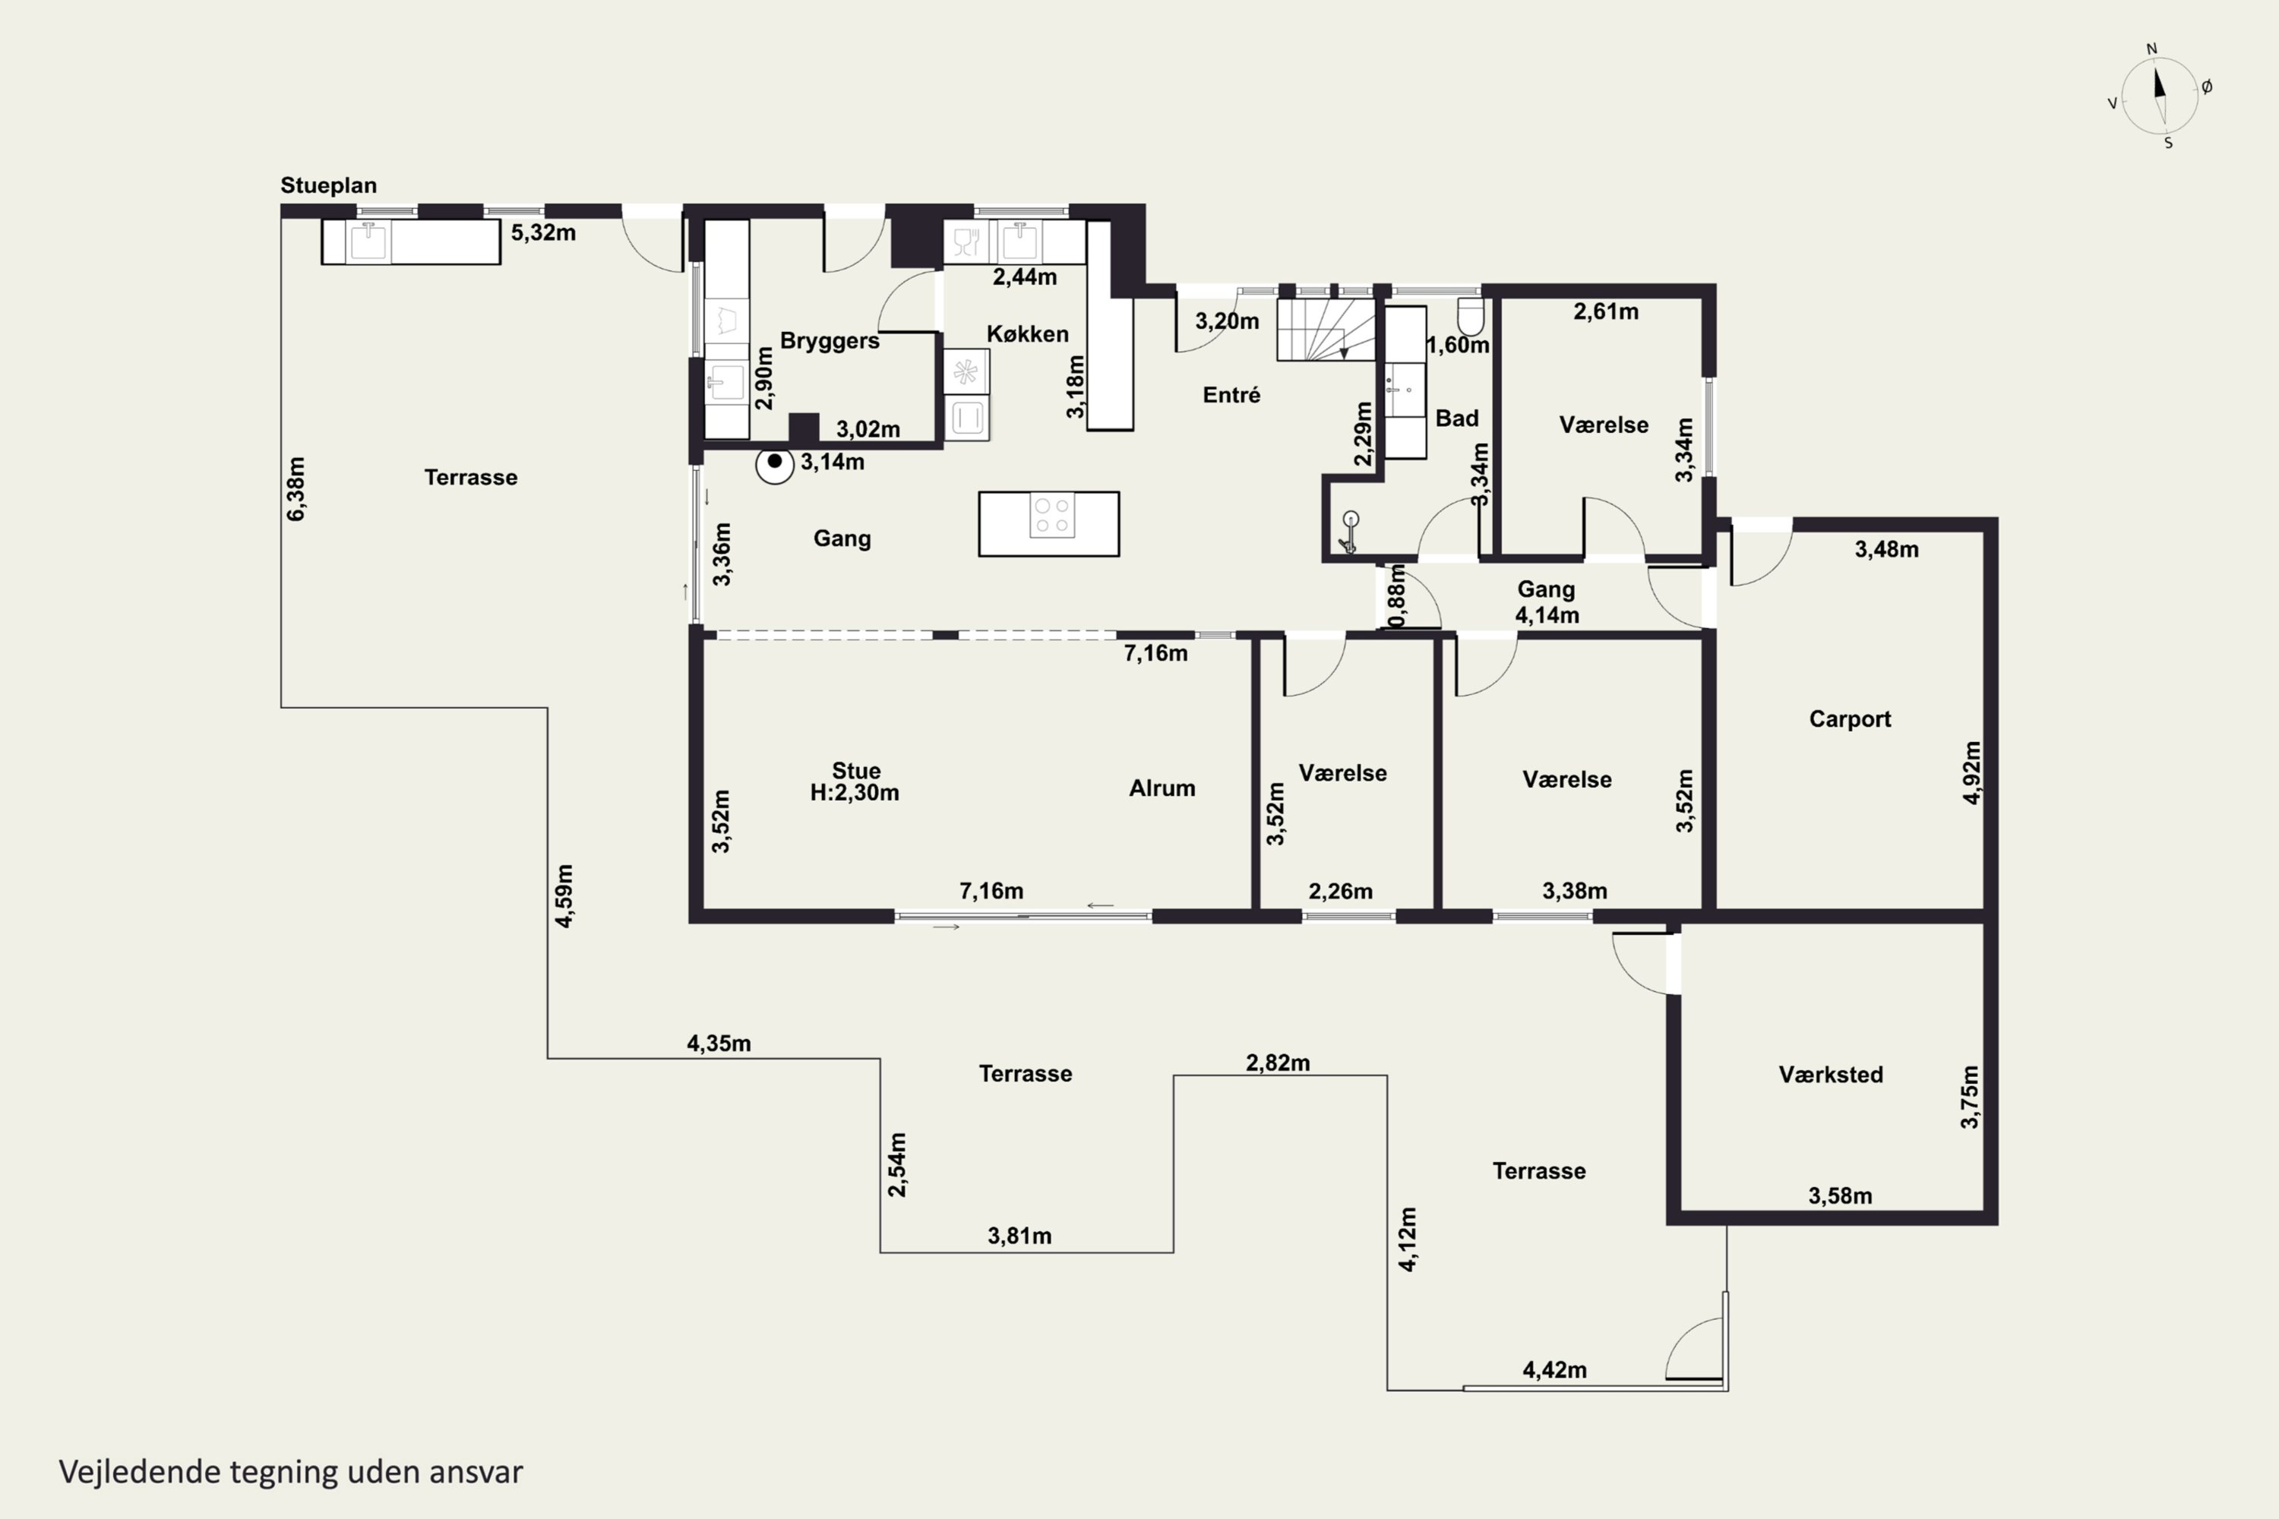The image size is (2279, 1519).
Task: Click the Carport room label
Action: [1850, 718]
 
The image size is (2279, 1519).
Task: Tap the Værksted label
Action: [1830, 1075]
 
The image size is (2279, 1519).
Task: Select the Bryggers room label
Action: [830, 341]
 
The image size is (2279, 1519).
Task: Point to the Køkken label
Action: [1027, 334]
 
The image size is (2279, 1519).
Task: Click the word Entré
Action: [1231, 395]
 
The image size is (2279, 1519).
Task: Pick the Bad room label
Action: [1456, 418]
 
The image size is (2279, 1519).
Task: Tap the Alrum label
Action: [1162, 788]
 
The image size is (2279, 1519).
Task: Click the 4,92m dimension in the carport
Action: [1972, 772]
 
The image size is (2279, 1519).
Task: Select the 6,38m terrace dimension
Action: [296, 489]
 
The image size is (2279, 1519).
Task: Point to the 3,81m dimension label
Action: [1019, 1236]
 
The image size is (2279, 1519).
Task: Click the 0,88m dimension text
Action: [1396, 595]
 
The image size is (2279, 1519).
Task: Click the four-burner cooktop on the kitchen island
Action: [1052, 516]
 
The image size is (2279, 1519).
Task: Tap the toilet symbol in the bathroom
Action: [1471, 316]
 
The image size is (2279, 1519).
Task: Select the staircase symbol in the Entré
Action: [1326, 330]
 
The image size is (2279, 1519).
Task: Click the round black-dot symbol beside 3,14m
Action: [774, 464]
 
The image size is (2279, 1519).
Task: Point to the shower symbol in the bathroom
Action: [1350, 532]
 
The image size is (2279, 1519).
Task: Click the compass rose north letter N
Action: [2152, 49]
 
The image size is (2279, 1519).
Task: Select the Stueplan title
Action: [328, 185]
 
